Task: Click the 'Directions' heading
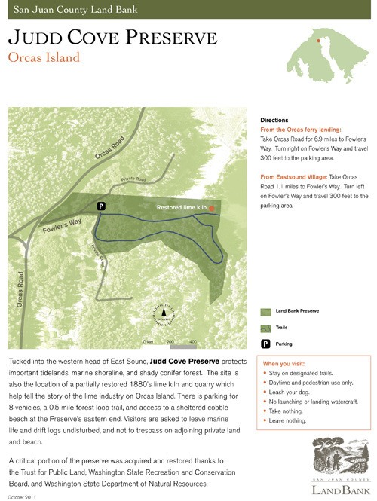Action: click(x=274, y=121)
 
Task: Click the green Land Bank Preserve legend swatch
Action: click(x=265, y=310)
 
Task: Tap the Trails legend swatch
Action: click(x=265, y=328)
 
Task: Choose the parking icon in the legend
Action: click(x=265, y=344)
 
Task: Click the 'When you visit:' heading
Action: click(x=284, y=364)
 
